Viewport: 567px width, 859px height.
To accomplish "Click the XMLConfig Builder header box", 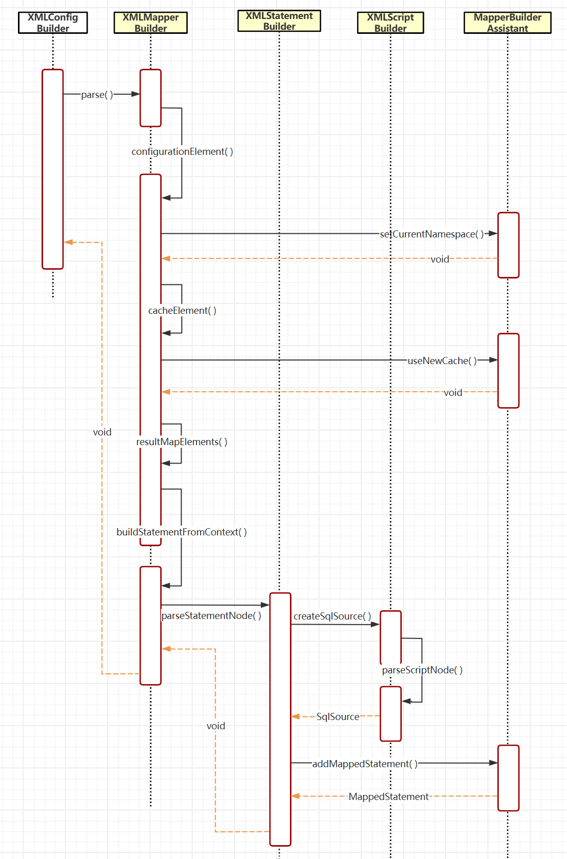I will pos(53,23).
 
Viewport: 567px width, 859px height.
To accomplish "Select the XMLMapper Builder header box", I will pos(150,23).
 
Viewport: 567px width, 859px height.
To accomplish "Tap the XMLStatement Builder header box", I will pos(279,21).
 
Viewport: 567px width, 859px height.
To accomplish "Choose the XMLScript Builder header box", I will pos(390,23).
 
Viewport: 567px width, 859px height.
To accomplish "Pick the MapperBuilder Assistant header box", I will pos(507,23).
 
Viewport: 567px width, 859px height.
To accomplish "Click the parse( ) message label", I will pos(97,94).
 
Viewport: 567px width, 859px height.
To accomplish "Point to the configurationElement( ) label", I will pos(182,151).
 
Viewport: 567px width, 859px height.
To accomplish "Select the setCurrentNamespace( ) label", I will pos(432,234).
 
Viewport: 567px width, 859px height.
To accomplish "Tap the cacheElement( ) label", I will pos(182,310).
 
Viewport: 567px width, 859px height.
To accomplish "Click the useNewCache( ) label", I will pos(442,361).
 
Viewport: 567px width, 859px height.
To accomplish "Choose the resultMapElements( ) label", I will pos(182,442).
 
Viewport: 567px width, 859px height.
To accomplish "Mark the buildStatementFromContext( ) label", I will pos(182,532).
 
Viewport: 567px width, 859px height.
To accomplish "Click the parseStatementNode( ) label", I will pos(211,615).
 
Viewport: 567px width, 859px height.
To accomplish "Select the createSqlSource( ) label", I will pos(332,616).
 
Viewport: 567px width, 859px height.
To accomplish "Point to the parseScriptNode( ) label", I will pos(422,670).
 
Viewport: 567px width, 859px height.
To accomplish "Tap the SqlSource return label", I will pos(338,716).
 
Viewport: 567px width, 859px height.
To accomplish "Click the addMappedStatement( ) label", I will pos(365,764).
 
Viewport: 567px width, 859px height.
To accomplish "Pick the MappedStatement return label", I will pos(388,796).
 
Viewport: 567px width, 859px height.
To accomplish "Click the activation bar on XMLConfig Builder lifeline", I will pos(53,169).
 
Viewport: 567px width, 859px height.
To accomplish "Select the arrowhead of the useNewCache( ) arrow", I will pos(493,360).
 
